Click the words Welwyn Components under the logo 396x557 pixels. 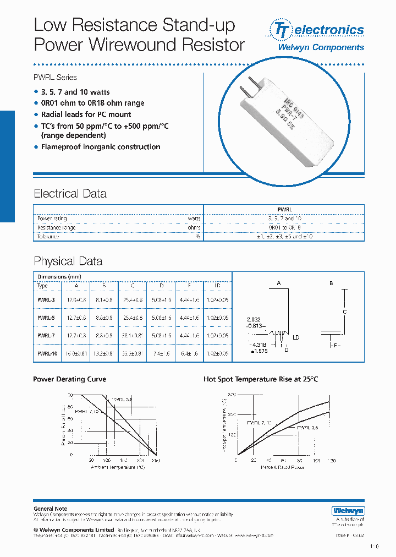(x=321, y=47)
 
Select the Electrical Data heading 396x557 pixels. (x=70, y=194)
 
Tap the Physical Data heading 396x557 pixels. (x=68, y=261)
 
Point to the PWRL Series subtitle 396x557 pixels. (x=55, y=78)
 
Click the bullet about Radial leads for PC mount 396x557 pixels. (x=86, y=114)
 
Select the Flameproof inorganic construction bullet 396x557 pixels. (x=101, y=147)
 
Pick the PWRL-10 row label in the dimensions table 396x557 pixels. (x=46, y=354)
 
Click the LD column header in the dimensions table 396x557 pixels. (x=217, y=286)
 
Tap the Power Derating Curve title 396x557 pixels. (x=69, y=379)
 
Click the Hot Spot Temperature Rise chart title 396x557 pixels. (x=261, y=379)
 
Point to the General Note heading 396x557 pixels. (x=50, y=509)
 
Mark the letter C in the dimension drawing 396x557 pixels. (x=345, y=312)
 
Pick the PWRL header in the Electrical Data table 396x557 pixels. (x=284, y=210)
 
